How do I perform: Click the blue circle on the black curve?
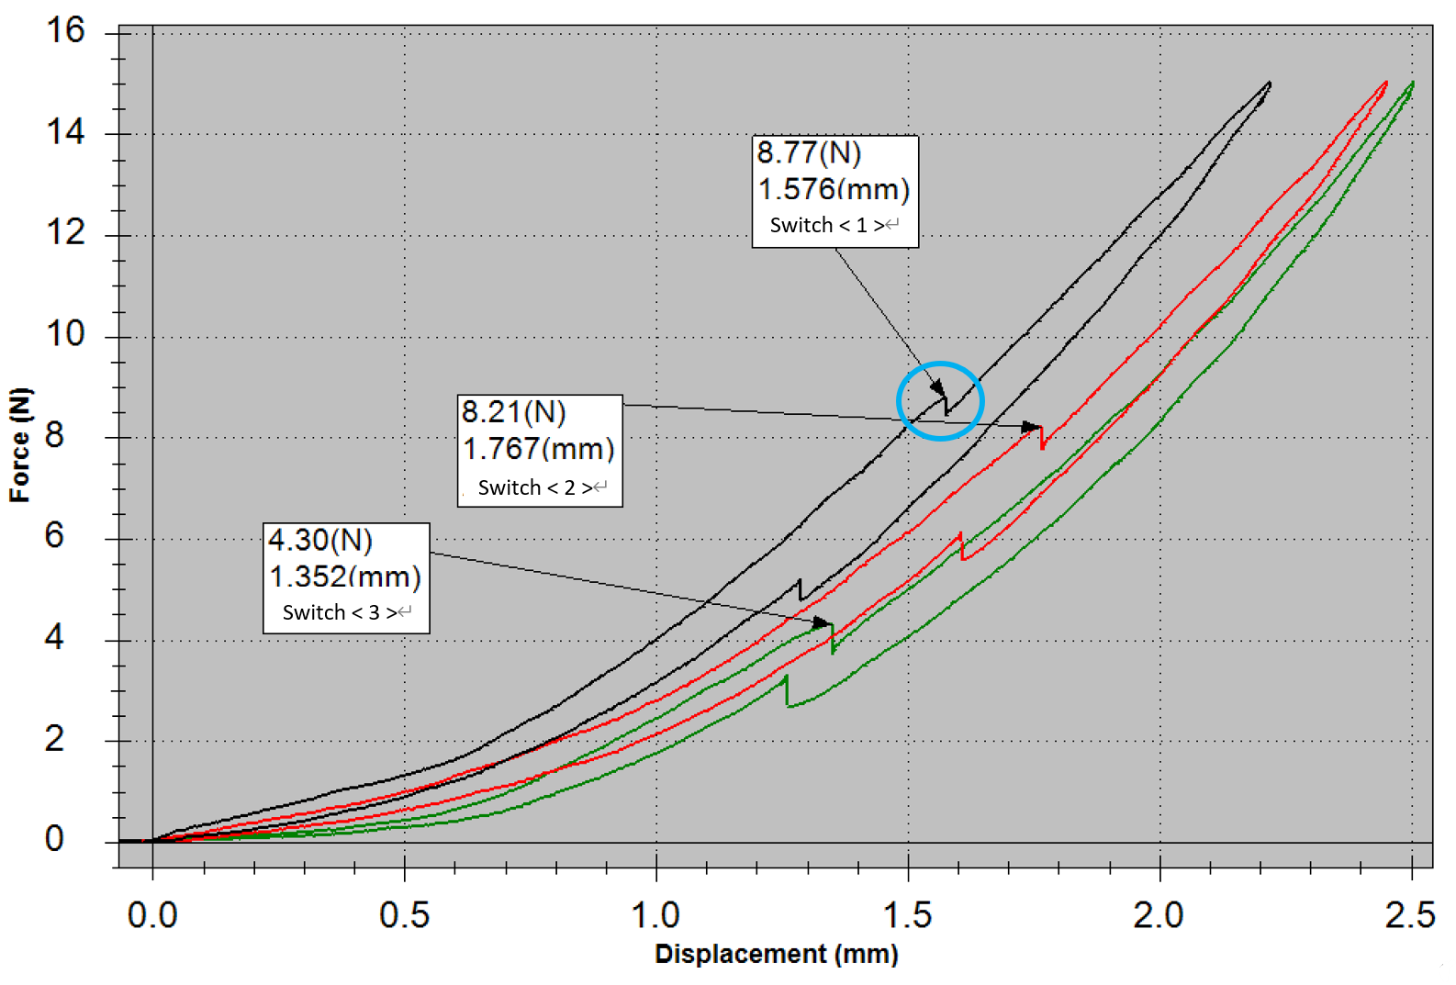click(x=940, y=401)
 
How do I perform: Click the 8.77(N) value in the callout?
click(x=809, y=153)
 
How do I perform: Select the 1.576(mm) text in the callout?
click(x=834, y=189)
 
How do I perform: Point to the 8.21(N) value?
click(x=513, y=412)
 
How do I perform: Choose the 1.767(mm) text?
click(x=538, y=449)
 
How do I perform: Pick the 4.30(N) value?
click(x=320, y=540)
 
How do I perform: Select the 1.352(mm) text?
click(x=345, y=576)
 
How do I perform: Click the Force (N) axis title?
click(x=20, y=445)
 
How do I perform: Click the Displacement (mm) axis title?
click(x=776, y=954)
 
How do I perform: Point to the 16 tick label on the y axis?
click(x=65, y=30)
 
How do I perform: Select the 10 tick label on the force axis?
click(x=65, y=333)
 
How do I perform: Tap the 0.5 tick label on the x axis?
click(x=404, y=915)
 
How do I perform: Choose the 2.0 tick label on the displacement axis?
click(x=1159, y=915)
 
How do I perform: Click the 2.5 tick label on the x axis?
click(x=1410, y=915)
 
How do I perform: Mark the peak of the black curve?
click(x=1270, y=83)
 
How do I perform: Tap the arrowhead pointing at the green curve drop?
click(x=823, y=623)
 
